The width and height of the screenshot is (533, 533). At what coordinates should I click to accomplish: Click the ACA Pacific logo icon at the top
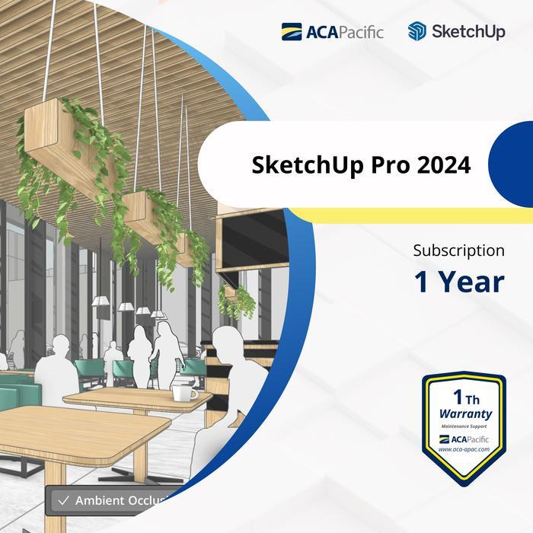292,32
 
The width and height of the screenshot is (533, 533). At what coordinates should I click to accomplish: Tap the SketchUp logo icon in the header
417,32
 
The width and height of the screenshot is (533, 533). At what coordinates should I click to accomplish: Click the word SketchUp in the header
468,32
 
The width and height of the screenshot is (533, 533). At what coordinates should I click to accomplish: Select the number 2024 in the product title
444,164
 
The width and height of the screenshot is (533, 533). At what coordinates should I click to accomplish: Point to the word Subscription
458,250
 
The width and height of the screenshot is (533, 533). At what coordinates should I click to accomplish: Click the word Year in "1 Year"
471,282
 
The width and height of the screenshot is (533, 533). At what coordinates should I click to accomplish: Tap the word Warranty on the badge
465,414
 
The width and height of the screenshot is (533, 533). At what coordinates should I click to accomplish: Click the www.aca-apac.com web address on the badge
464,450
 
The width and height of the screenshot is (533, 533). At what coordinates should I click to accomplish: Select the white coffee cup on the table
183,392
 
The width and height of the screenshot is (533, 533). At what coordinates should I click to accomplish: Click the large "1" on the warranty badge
458,397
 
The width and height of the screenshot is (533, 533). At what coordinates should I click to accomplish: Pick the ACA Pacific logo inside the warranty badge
464,439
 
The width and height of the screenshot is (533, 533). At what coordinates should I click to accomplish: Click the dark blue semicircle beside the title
511,164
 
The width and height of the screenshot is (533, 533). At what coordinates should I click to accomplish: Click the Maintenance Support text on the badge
464,426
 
